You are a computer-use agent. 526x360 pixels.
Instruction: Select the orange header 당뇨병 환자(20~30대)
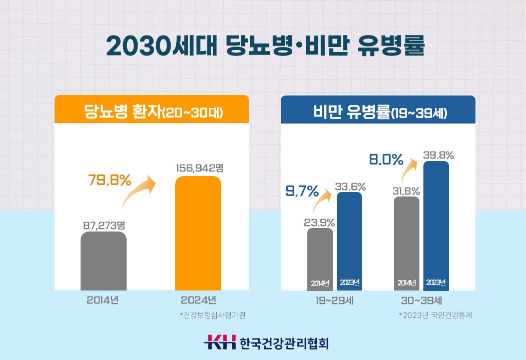pyautogui.click(x=151, y=110)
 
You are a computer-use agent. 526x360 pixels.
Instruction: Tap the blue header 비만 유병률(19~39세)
pyautogui.click(x=377, y=110)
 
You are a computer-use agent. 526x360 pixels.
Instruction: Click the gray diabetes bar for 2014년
pyautogui.click(x=103, y=261)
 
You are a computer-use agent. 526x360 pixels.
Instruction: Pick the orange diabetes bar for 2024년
pyautogui.click(x=198, y=233)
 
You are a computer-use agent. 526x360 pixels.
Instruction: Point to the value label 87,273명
pyautogui.click(x=104, y=225)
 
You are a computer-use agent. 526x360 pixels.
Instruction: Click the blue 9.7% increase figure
pyautogui.click(x=302, y=191)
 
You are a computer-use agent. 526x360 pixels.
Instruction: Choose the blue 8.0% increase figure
pyautogui.click(x=386, y=160)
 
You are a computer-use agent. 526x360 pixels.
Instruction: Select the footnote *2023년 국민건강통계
pyautogui.click(x=435, y=315)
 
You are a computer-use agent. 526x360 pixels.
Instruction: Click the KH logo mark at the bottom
pyautogui.click(x=219, y=343)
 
